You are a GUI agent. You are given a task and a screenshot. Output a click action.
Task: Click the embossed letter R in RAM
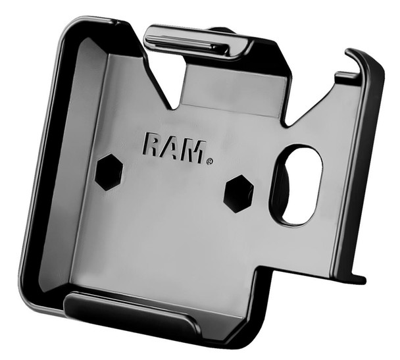tap(150, 144)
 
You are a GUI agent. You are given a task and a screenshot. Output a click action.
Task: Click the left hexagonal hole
tap(109, 172)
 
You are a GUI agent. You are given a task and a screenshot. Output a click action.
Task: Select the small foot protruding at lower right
tap(355, 278)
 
